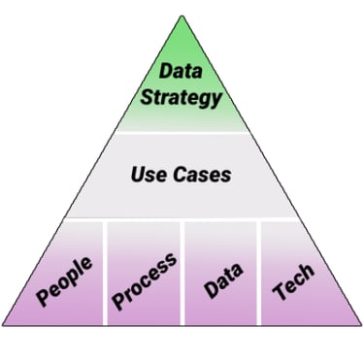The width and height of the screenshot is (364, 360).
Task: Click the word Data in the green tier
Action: pyautogui.click(x=181, y=71)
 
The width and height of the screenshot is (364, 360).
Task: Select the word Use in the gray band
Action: pyautogui.click(x=148, y=176)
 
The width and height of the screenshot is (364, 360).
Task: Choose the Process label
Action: pyautogui.click(x=145, y=280)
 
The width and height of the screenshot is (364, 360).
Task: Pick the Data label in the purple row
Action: pyautogui.click(x=222, y=279)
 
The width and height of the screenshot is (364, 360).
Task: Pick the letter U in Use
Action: pyautogui.click(x=136, y=176)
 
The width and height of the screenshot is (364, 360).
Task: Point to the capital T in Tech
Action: pyautogui.click(x=280, y=291)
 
